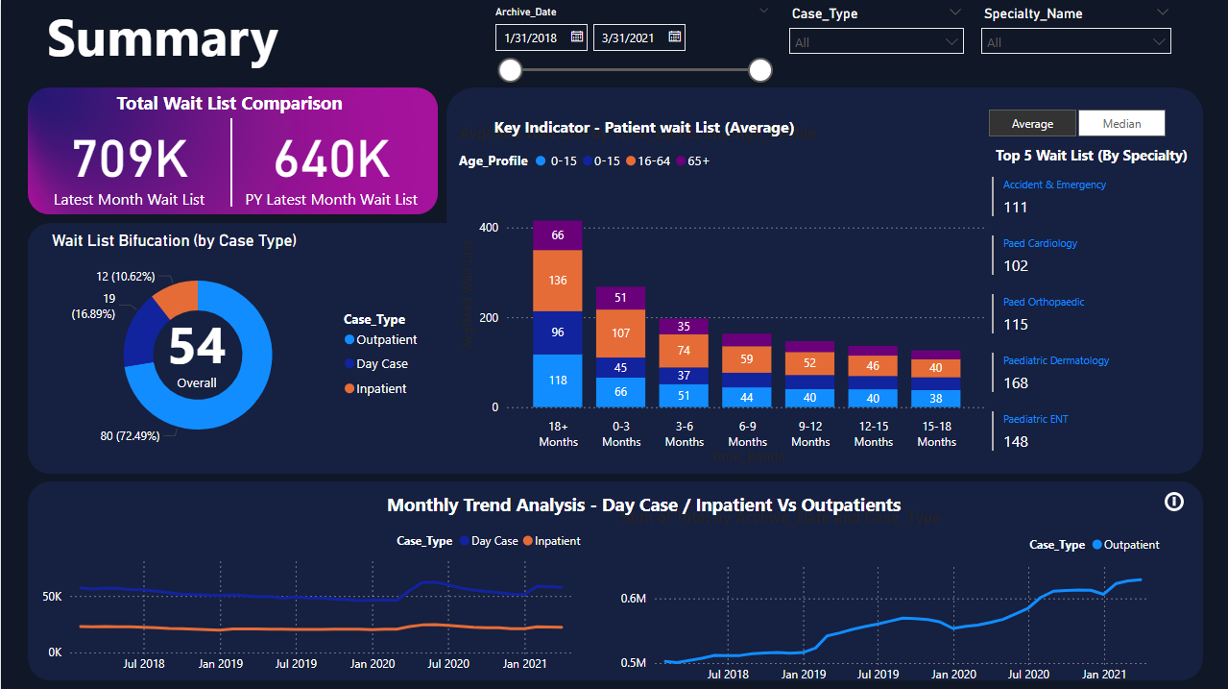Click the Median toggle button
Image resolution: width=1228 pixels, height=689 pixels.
1121,123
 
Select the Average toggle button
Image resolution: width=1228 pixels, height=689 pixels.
1032,123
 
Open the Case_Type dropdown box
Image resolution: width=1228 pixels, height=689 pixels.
876,41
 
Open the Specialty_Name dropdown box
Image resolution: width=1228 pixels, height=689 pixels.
1075,41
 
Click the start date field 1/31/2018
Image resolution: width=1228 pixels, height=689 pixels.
542,37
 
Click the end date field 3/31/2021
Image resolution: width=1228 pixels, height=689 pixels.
638,37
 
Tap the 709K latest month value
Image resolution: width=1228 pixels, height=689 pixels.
130,160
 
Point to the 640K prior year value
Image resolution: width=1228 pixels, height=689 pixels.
331,160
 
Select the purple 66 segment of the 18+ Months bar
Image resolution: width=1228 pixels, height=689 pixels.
558,235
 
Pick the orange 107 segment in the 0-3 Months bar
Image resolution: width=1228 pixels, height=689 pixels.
621,333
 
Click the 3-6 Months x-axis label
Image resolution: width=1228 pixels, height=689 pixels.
685,434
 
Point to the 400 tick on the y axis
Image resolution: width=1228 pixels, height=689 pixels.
489,228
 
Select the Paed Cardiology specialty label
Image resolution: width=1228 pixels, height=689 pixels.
1040,243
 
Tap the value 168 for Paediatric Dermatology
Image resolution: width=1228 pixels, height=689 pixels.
1016,382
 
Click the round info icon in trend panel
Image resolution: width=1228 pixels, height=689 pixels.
1173,502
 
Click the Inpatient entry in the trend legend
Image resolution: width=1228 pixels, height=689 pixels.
557,541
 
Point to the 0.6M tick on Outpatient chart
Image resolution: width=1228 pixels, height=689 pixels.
634,598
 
